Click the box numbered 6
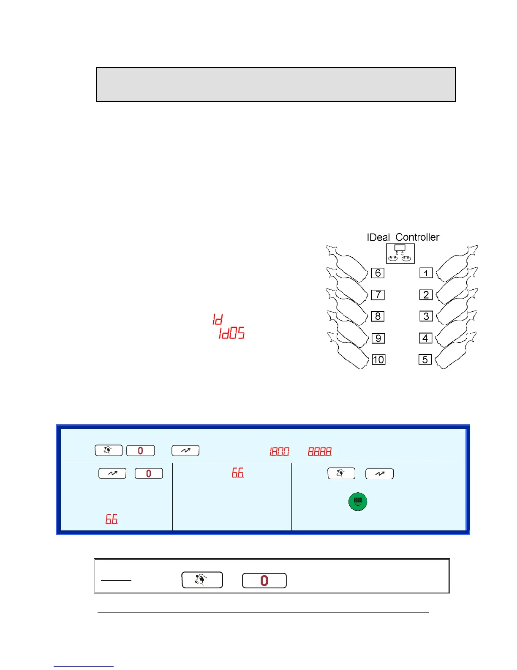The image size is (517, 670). [x=378, y=273]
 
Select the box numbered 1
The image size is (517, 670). [x=426, y=273]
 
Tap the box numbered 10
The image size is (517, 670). [x=378, y=360]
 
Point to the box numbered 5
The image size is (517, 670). [x=425, y=360]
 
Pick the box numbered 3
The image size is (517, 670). [x=426, y=316]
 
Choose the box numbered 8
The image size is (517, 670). [x=378, y=316]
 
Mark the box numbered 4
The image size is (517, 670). [x=425, y=338]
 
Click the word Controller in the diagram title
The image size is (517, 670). [x=417, y=237]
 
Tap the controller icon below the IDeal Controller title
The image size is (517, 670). [x=400, y=253]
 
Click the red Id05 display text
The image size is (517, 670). [x=231, y=333]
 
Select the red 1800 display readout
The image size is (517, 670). [x=279, y=452]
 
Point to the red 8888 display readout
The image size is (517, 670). [x=319, y=452]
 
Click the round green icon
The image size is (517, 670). [x=358, y=502]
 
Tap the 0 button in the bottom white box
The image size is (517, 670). [x=264, y=580]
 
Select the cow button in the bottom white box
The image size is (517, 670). [x=202, y=579]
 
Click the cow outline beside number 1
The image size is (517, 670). [x=456, y=264]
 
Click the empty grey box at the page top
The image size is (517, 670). [x=275, y=85]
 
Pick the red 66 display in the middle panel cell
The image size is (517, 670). [x=237, y=473]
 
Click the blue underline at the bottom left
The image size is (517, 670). [x=83, y=666]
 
